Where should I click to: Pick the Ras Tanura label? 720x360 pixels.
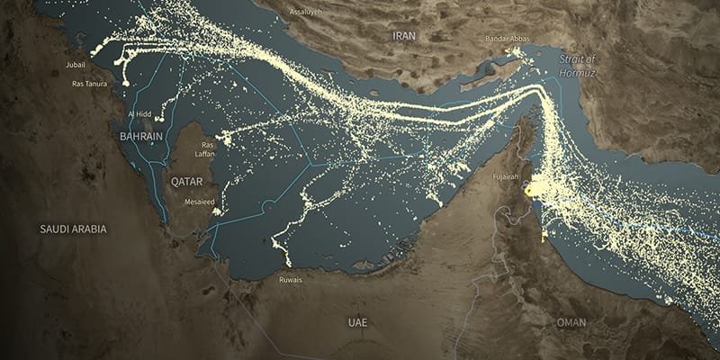89,84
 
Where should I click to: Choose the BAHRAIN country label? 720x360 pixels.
140,136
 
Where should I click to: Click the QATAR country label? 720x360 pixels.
187,181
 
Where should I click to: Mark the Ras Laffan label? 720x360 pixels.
209,148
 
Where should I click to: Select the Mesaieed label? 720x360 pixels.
200,202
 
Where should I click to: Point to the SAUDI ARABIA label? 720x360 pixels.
73,229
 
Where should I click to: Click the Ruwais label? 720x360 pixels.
291,280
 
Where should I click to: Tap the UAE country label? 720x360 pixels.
358,321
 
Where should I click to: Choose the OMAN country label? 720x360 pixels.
571,322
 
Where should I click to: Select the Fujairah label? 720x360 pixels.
507,177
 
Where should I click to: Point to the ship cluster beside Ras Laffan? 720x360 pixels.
225,139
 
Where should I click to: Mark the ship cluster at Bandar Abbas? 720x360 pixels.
516,56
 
